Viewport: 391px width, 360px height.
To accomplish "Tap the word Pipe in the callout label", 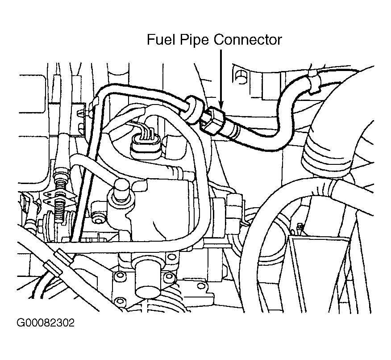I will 193,41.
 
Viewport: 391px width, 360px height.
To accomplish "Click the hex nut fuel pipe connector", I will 212,120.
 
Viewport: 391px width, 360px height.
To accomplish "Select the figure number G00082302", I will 46,322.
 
